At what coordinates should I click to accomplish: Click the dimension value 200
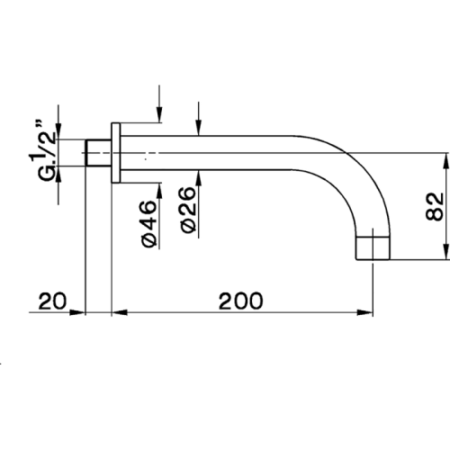(x=240, y=301)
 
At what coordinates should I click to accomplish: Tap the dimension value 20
(x=52, y=301)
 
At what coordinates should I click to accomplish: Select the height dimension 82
(x=435, y=206)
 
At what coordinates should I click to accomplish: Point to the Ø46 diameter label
(x=149, y=224)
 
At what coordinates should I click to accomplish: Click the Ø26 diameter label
(x=188, y=210)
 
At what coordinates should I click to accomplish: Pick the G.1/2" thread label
(x=46, y=151)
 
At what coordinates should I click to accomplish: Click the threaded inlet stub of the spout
(x=98, y=153)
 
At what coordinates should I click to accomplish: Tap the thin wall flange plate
(x=116, y=153)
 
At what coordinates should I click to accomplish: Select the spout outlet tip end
(x=373, y=248)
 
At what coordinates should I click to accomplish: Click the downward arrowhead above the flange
(x=159, y=114)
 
